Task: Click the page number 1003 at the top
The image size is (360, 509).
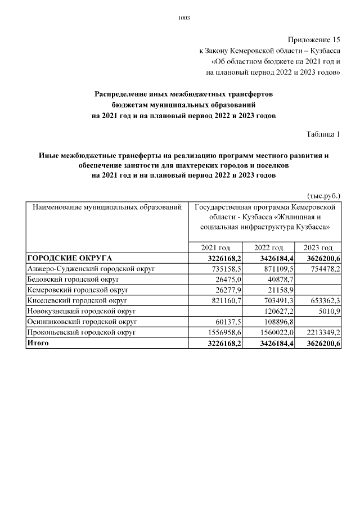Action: tap(184, 18)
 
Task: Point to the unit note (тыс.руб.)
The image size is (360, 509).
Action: tap(324, 196)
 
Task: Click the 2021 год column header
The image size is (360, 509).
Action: tap(215, 248)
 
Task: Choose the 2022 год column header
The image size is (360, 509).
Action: tap(268, 248)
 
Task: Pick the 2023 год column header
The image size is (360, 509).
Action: tap(318, 248)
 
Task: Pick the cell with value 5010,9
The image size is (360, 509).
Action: tap(328, 311)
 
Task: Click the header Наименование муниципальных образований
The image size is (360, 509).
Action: tap(107, 208)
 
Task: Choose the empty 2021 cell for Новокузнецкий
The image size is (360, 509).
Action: tap(216, 311)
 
